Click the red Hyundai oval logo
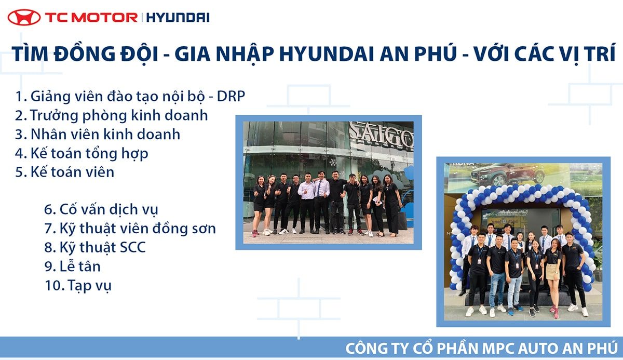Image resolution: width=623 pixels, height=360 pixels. point(24,17)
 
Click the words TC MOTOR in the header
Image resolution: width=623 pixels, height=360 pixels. point(91,18)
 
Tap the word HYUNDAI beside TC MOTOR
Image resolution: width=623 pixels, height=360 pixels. point(178,18)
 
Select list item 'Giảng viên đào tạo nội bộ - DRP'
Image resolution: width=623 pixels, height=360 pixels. point(130,97)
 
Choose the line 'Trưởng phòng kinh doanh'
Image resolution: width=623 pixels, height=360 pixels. point(112,115)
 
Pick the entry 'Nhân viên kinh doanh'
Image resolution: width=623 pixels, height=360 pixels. point(98,135)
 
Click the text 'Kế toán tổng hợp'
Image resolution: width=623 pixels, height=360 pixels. point(82,154)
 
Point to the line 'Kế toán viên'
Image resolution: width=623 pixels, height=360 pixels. point(65,172)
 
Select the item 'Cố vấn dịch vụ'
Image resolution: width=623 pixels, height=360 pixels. point(101,209)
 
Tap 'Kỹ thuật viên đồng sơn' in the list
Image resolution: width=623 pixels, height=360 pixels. point(130,229)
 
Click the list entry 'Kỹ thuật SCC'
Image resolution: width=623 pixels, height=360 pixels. point(95,247)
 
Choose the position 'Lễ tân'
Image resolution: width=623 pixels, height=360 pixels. point(73,266)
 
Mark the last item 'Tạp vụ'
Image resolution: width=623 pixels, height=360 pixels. point(78,286)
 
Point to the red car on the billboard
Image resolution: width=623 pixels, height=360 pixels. point(507,174)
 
